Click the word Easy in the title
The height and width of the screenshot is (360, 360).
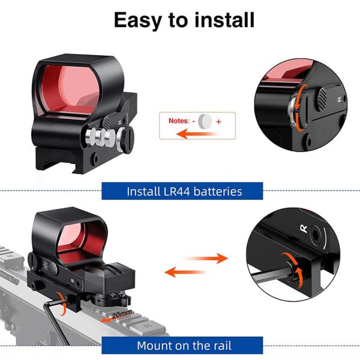coord(138,20)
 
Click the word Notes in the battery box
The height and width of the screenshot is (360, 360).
coord(178,121)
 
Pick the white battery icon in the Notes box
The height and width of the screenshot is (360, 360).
coord(206,121)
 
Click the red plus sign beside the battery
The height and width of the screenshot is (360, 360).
coord(218,121)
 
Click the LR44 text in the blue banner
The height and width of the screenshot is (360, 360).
coord(176,191)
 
